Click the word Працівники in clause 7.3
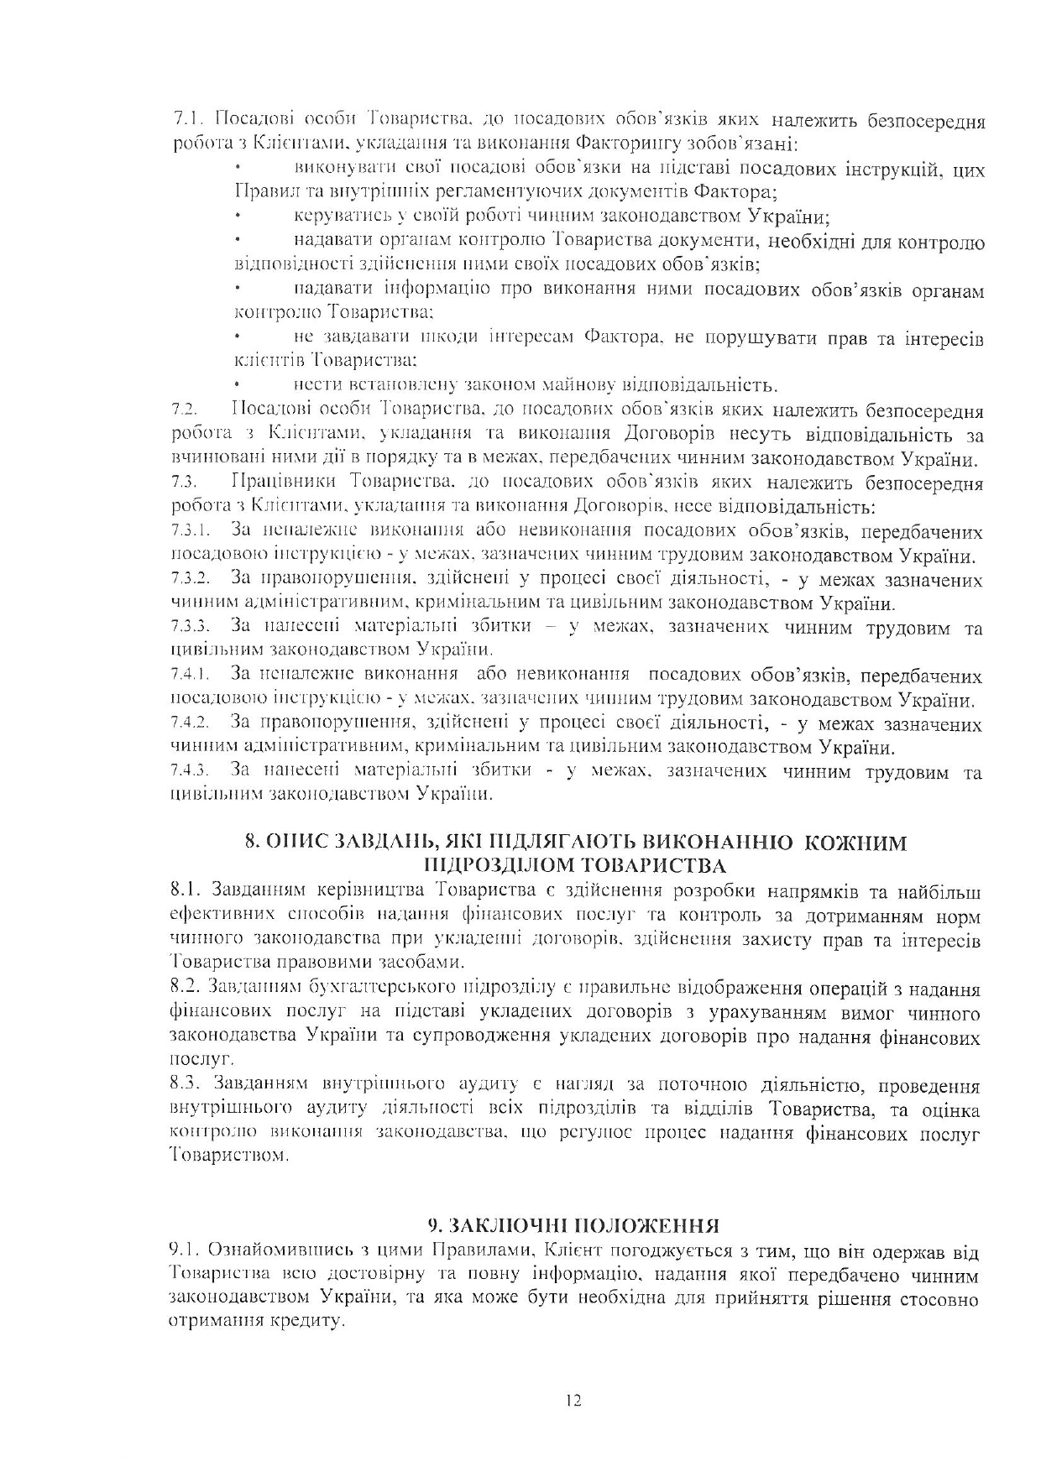point(284,483)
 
